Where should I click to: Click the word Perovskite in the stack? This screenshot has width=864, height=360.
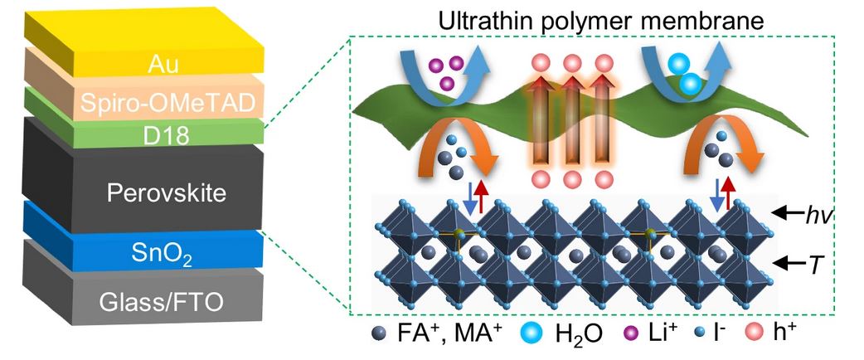[156, 194]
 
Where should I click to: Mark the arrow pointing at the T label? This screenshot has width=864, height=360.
[784, 264]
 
